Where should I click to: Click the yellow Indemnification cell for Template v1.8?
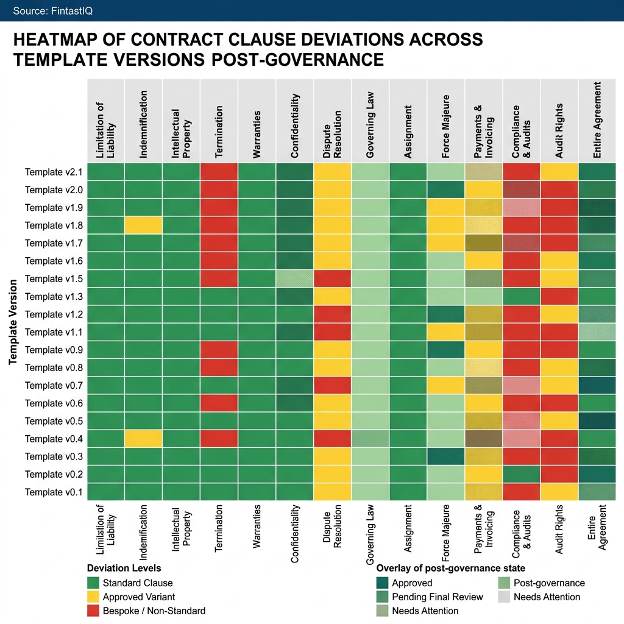coord(143,225)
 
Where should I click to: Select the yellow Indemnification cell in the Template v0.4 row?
coord(143,439)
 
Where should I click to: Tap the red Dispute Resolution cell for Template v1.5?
coord(333,278)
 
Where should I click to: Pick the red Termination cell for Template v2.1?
coord(219,172)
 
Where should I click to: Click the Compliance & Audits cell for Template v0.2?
coord(522,474)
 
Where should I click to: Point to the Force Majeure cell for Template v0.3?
coord(445,456)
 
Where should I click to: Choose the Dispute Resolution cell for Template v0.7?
coord(333,385)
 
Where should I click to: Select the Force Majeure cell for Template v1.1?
coord(445,332)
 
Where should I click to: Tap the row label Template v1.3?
coord(53,297)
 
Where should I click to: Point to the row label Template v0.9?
coord(53,350)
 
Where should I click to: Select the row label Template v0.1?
coord(53,492)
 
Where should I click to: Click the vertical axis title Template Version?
coord(13,323)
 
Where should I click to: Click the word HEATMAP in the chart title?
coord(54,40)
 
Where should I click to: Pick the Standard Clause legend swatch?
coord(93,583)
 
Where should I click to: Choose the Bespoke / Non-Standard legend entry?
coord(154,611)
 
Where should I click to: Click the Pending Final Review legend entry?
coord(437,597)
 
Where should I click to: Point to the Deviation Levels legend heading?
coord(124,568)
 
